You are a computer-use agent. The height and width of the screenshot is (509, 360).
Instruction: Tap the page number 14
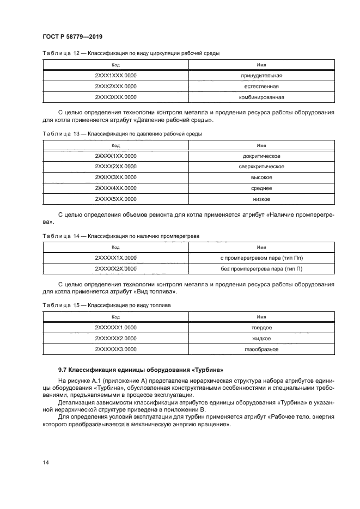coord(46,463)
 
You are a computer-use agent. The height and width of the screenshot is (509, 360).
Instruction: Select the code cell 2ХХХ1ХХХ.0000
coord(115,75)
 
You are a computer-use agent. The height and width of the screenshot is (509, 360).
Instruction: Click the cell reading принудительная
coord(261,75)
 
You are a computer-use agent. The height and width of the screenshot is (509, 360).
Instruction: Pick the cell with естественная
coord(261,87)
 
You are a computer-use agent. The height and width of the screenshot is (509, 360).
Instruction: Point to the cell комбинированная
coord(261,98)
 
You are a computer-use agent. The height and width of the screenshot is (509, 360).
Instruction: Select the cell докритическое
coord(261,156)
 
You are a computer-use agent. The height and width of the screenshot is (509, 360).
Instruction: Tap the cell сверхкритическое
coord(261,167)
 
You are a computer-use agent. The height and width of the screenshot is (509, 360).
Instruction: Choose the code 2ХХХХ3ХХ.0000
coord(115,177)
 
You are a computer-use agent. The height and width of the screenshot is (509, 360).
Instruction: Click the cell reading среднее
coord(261,188)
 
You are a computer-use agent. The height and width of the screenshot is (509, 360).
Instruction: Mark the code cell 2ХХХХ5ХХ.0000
coord(115,200)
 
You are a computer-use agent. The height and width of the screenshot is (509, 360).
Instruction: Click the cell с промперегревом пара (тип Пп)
coord(261,257)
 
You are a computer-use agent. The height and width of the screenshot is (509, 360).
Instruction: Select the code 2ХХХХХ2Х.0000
coord(115,268)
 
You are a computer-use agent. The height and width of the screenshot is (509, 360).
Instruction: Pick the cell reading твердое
coord(261,327)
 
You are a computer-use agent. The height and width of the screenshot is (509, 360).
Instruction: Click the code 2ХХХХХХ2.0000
coord(115,338)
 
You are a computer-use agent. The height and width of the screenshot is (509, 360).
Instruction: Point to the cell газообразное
coord(261,349)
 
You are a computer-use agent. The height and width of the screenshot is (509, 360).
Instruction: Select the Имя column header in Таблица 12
coord(261,64)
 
